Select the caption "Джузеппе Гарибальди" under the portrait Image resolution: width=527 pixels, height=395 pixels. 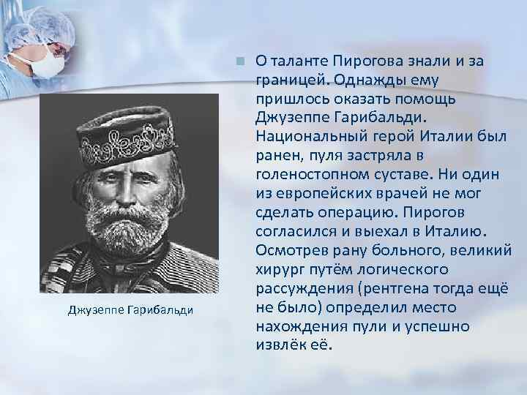coord(130,309)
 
